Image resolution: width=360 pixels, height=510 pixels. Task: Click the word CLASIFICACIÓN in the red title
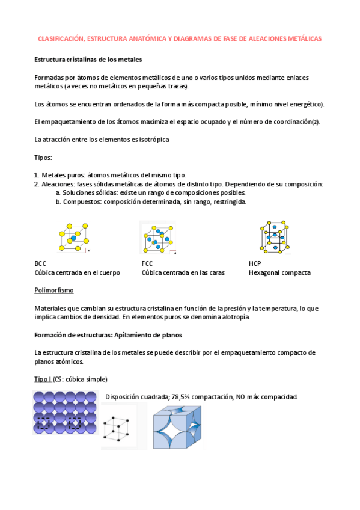(61, 38)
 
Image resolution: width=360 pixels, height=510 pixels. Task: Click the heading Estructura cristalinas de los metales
(88, 60)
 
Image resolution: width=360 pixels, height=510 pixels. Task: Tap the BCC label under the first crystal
(41, 264)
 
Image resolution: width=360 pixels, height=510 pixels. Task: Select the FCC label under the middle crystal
(147, 264)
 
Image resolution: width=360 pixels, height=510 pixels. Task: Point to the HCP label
(255, 264)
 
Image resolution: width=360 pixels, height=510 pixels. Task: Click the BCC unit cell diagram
(74, 238)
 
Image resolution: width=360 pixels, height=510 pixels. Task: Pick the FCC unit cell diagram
(157, 238)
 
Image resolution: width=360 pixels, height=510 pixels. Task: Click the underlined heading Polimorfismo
(55, 290)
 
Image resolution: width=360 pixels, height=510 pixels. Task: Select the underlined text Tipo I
(43, 379)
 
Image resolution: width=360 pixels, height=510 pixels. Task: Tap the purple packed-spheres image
(65, 412)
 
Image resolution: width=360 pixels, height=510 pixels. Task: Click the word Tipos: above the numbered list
(43, 157)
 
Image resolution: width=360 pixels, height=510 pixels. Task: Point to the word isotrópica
(154, 140)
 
